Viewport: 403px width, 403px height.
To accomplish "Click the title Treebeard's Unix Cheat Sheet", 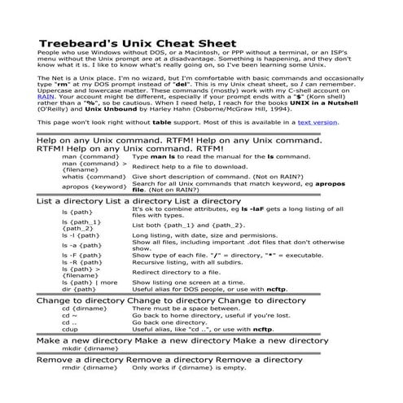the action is coord(138,42).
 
